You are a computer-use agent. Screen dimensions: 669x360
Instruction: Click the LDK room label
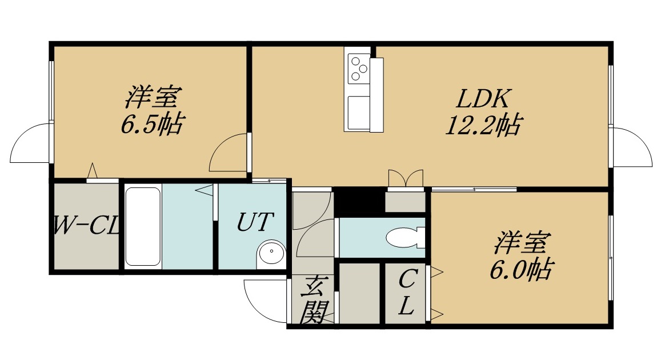click(483, 99)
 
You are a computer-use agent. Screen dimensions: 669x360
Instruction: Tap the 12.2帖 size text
click(483, 125)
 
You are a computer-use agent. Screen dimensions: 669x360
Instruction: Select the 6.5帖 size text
click(153, 124)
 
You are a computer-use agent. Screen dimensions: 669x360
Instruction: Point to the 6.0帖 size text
click(521, 269)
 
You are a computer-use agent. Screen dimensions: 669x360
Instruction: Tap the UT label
click(254, 221)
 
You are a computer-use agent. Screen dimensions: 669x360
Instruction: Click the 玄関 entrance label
click(315, 300)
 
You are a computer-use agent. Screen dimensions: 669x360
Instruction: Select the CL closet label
click(407, 293)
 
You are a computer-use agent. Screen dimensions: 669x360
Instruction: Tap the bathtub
click(143, 226)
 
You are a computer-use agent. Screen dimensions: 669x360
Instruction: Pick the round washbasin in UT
click(271, 254)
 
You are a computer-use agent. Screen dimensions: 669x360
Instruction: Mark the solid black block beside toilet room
click(357, 200)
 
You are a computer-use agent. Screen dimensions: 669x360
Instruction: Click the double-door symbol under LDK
click(405, 178)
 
